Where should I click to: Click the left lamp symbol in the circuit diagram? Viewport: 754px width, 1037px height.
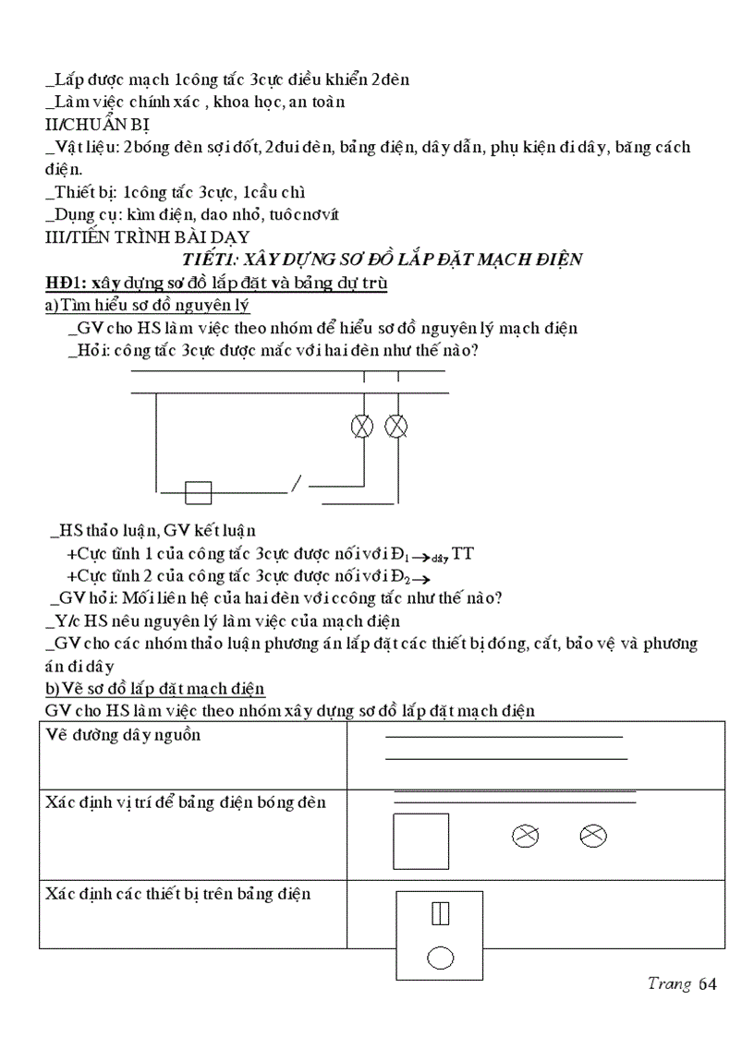[362, 426]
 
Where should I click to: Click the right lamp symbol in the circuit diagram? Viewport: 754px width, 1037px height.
[396, 426]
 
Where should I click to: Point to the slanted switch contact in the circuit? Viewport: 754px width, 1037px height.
[297, 483]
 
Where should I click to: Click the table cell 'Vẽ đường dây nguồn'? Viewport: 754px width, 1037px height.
[123, 735]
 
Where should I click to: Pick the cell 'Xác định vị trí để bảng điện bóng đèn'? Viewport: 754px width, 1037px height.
[185, 802]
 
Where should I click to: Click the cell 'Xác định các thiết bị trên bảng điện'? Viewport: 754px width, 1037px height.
[177, 894]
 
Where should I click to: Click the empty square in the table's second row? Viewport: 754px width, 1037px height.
[421, 841]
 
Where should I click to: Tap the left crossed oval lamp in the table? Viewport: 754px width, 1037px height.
[525, 836]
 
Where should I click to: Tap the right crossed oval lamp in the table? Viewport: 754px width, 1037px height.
[593, 836]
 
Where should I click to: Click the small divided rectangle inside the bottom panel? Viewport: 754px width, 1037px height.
[440, 913]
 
